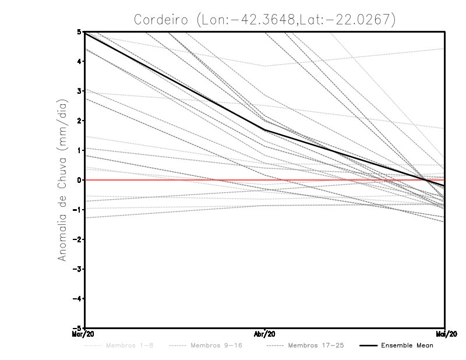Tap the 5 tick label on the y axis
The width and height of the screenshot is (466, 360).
pyautogui.click(x=79, y=32)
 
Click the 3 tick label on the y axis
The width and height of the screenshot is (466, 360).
pyautogui.click(x=79, y=91)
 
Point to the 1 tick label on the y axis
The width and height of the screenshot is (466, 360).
pyautogui.click(x=79, y=150)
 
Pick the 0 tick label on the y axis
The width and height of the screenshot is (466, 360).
pyautogui.click(x=79, y=180)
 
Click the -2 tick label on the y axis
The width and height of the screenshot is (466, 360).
pyautogui.click(x=77, y=239)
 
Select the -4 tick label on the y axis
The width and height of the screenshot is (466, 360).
pyautogui.click(x=77, y=298)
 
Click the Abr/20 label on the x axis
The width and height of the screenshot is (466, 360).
pyautogui.click(x=265, y=334)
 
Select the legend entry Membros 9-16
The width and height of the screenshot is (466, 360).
pyautogui.click(x=216, y=345)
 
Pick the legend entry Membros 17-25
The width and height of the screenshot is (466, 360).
pyautogui.click(x=316, y=345)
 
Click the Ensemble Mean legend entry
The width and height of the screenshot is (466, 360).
pyautogui.click(x=407, y=345)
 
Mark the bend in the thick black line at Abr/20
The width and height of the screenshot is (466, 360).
pyautogui.click(x=265, y=130)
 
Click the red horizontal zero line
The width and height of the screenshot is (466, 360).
pyautogui.click(x=175, y=180)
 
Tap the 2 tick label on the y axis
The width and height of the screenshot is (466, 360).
pyautogui.click(x=79, y=121)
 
